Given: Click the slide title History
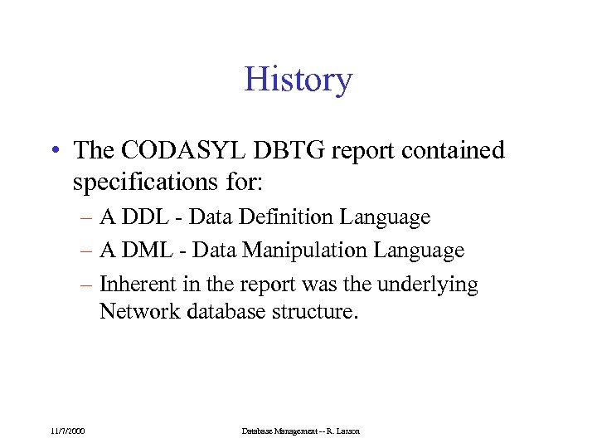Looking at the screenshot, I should point(298,80).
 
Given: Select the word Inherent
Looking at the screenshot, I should point(133,285).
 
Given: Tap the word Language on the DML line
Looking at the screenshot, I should point(420,251).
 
